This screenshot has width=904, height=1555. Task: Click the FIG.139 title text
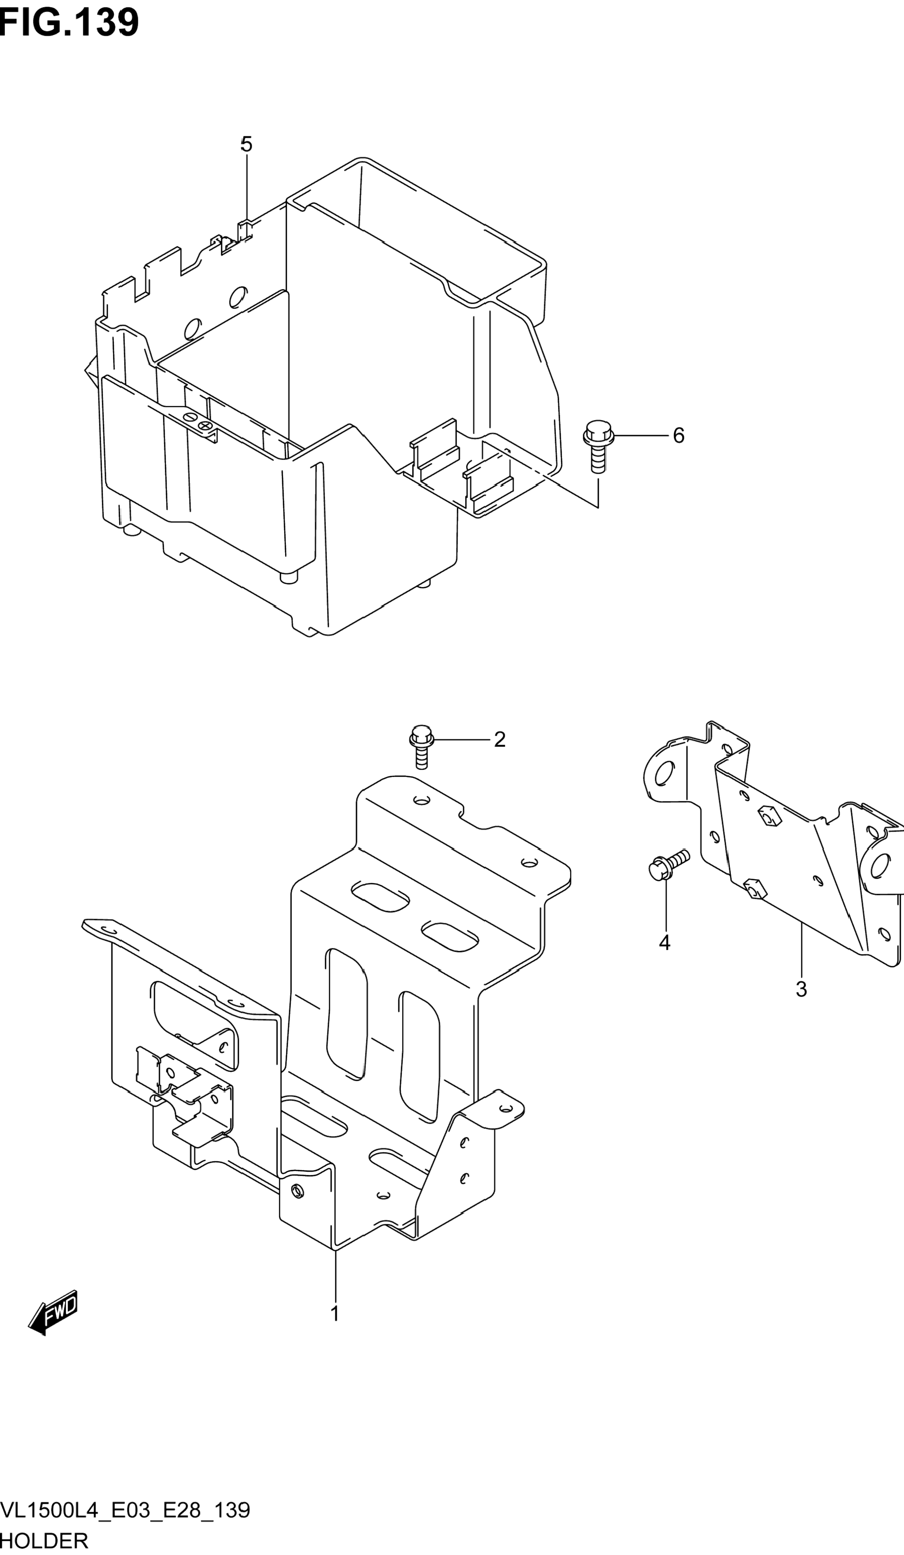(69, 23)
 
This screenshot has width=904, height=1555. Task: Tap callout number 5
(246, 144)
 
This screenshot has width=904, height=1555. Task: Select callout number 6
(678, 436)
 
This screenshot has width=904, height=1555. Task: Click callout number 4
(665, 942)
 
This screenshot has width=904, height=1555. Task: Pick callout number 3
(801, 989)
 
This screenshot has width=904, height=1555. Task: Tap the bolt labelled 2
(421, 746)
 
